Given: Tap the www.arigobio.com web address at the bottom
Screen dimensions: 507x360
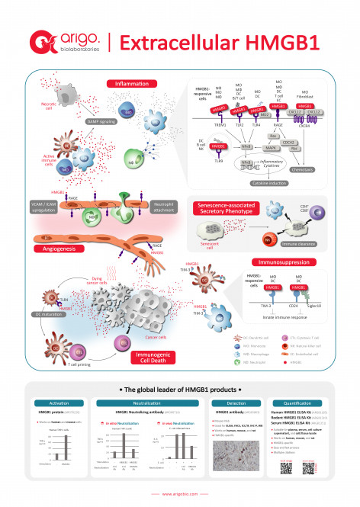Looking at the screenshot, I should point(180,494).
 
